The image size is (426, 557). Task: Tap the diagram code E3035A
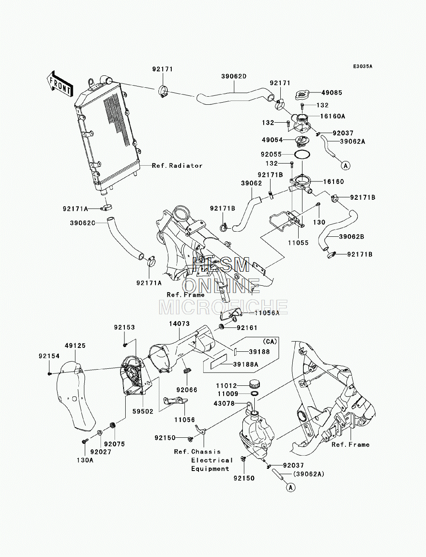[x=363, y=66]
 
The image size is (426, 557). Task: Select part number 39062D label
[x=234, y=76]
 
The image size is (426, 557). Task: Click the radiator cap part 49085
[x=303, y=95]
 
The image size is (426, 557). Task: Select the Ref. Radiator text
[x=177, y=166]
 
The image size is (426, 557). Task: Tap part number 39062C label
[x=83, y=223]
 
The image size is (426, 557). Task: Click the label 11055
[x=298, y=243]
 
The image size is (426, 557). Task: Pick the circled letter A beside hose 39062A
[x=345, y=166]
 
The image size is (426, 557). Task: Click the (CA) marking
[x=269, y=342]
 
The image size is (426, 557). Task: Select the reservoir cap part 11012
[x=255, y=384]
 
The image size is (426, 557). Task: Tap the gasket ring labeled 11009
[x=255, y=393]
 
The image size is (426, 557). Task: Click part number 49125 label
[x=75, y=346]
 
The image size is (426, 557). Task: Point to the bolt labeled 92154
[x=49, y=373]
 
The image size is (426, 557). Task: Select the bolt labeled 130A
[x=85, y=442]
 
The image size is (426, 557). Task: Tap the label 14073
[x=179, y=324]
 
